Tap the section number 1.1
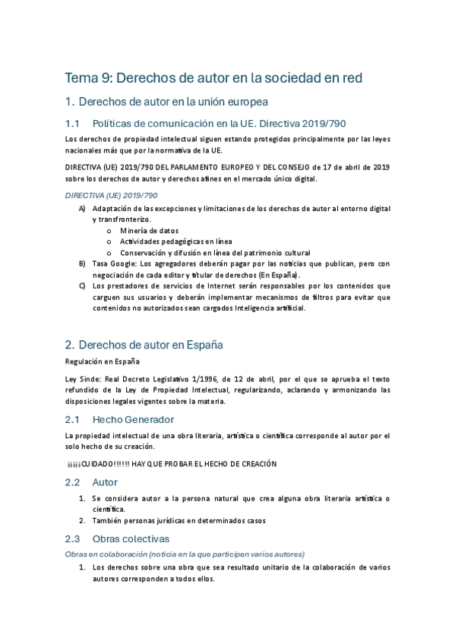click(x=72, y=123)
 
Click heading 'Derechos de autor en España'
click(x=150, y=344)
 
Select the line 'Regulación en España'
click(x=103, y=361)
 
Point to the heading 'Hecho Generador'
click(x=133, y=419)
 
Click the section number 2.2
click(x=72, y=482)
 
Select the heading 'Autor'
click(x=105, y=482)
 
